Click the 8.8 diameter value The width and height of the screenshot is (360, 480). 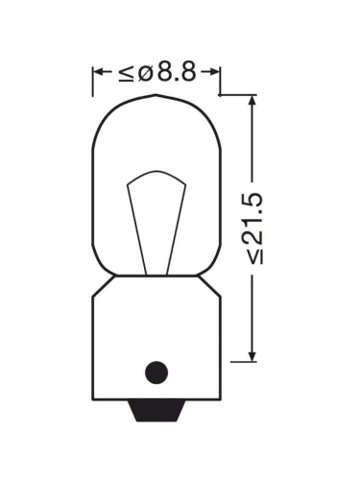click(x=177, y=72)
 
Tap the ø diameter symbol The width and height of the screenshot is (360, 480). click(x=146, y=74)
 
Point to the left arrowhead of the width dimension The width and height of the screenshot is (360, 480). click(x=99, y=72)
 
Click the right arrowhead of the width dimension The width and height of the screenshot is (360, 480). click(x=214, y=72)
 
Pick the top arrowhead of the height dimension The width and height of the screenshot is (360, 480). click(x=252, y=101)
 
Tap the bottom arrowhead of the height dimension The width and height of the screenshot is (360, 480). click(x=252, y=355)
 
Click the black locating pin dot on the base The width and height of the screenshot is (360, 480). click(x=156, y=372)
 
